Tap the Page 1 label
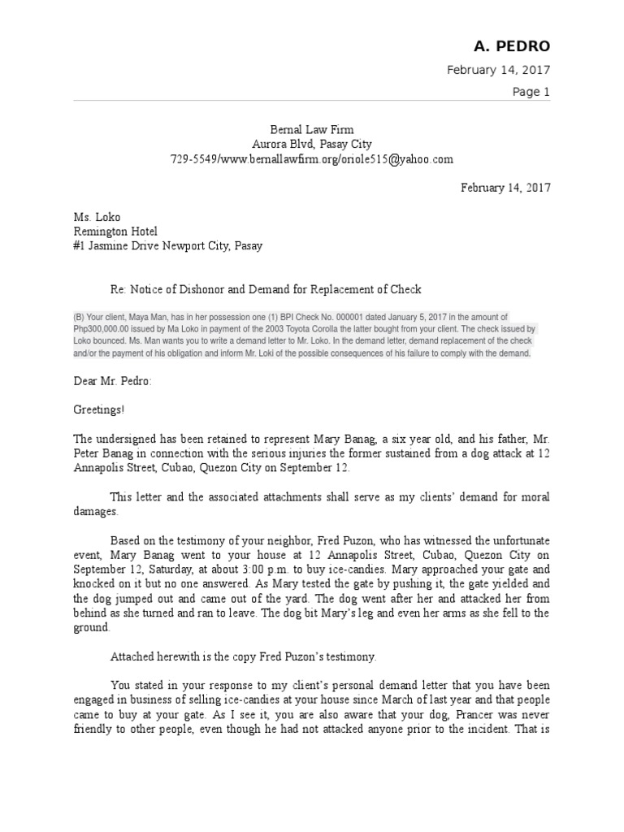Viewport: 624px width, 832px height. (x=531, y=92)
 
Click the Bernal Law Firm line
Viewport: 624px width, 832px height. (x=312, y=129)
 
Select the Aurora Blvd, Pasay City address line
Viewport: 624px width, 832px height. (x=312, y=144)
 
